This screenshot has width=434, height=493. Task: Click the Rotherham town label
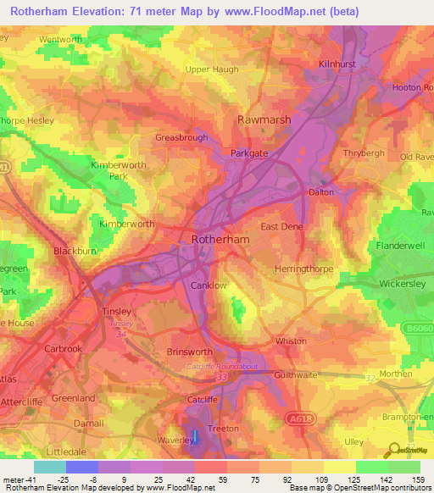tap(221, 240)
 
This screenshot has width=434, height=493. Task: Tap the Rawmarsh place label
tap(264, 119)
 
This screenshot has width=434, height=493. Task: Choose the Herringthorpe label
tap(302, 269)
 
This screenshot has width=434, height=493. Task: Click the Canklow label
tap(209, 285)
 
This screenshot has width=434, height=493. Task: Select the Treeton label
tap(223, 429)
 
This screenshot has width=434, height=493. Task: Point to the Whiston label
tap(291, 341)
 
